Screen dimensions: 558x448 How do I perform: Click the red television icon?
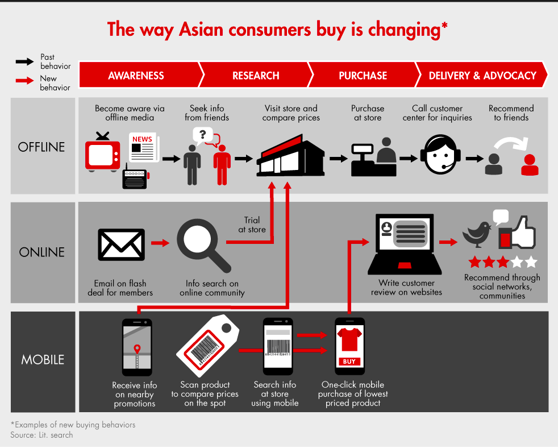click(x=102, y=152)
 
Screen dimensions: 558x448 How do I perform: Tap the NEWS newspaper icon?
click(x=144, y=147)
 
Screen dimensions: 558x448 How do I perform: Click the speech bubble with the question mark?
click(x=202, y=136)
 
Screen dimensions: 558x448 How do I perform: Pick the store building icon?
click(x=290, y=156)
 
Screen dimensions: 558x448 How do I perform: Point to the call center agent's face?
click(x=440, y=156)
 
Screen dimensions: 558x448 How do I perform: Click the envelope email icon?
click(x=122, y=244)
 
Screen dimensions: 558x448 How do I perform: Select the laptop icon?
click(x=405, y=244)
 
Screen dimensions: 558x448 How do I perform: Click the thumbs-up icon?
click(x=517, y=233)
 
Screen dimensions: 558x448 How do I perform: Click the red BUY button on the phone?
click(x=349, y=362)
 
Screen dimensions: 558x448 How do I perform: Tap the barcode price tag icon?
click(x=208, y=346)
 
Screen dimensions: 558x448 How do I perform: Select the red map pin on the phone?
click(x=137, y=349)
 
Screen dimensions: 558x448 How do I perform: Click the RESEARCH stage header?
click(x=256, y=76)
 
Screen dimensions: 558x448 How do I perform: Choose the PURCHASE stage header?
click(x=363, y=76)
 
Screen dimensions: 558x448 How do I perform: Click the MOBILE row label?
click(x=43, y=360)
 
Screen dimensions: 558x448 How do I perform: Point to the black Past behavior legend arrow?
click(x=24, y=61)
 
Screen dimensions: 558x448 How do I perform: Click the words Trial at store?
click(x=252, y=225)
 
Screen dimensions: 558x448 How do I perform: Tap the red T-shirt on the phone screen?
click(x=349, y=339)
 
